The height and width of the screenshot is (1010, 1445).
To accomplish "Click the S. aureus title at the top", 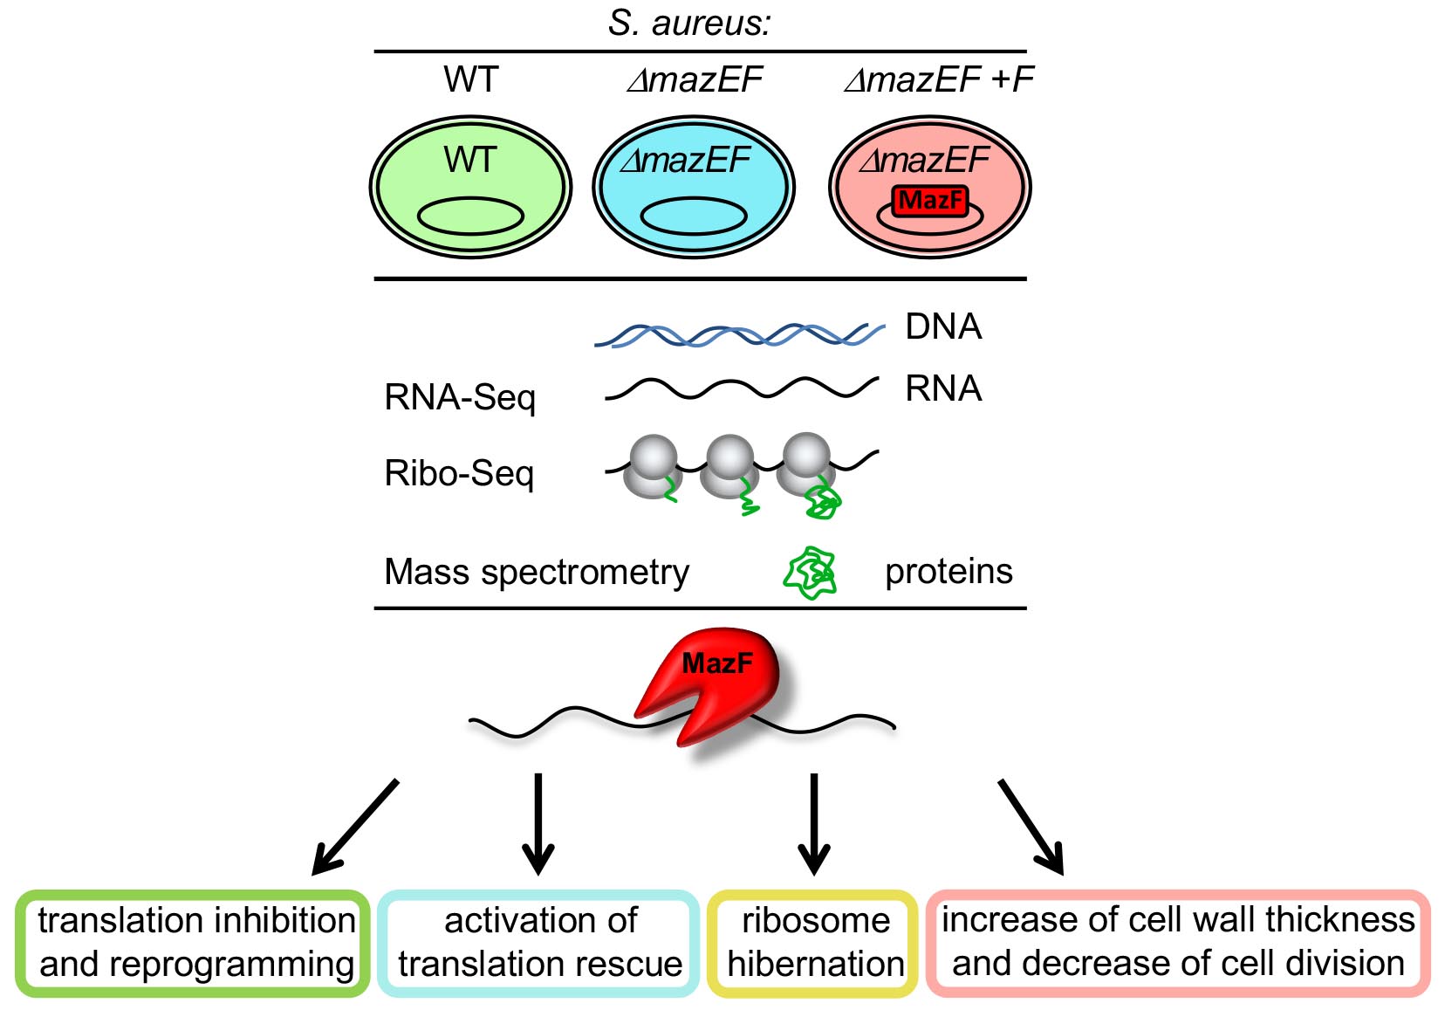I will pyautogui.click(x=689, y=23).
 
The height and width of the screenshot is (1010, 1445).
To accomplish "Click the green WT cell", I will pyautogui.click(x=470, y=188).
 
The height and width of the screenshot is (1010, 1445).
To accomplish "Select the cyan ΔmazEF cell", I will pyautogui.click(x=694, y=188).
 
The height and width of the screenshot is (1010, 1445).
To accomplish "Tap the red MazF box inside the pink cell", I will pyautogui.click(x=930, y=201).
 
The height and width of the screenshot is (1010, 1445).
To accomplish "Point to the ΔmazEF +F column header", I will pyautogui.click(x=939, y=80).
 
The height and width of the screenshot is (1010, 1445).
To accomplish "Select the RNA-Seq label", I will pyautogui.click(x=460, y=397).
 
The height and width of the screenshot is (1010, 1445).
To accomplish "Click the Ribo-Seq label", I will pyautogui.click(x=459, y=473).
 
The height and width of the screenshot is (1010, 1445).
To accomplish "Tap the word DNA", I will pyautogui.click(x=943, y=326).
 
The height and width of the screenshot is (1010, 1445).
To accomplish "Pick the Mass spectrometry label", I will pyautogui.click(x=537, y=573).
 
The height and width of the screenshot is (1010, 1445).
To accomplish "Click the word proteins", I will pyautogui.click(x=948, y=572).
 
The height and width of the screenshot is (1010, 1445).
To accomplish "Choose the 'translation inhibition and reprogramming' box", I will pyautogui.click(x=194, y=943).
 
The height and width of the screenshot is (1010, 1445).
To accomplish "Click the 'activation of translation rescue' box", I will pyautogui.click(x=539, y=943).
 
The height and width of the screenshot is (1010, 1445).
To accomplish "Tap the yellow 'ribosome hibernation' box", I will pyautogui.click(x=814, y=943).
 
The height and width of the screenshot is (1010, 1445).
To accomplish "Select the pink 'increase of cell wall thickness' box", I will pyautogui.click(x=1178, y=943).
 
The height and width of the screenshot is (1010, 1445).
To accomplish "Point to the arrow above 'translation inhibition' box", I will pyautogui.click(x=355, y=826).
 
